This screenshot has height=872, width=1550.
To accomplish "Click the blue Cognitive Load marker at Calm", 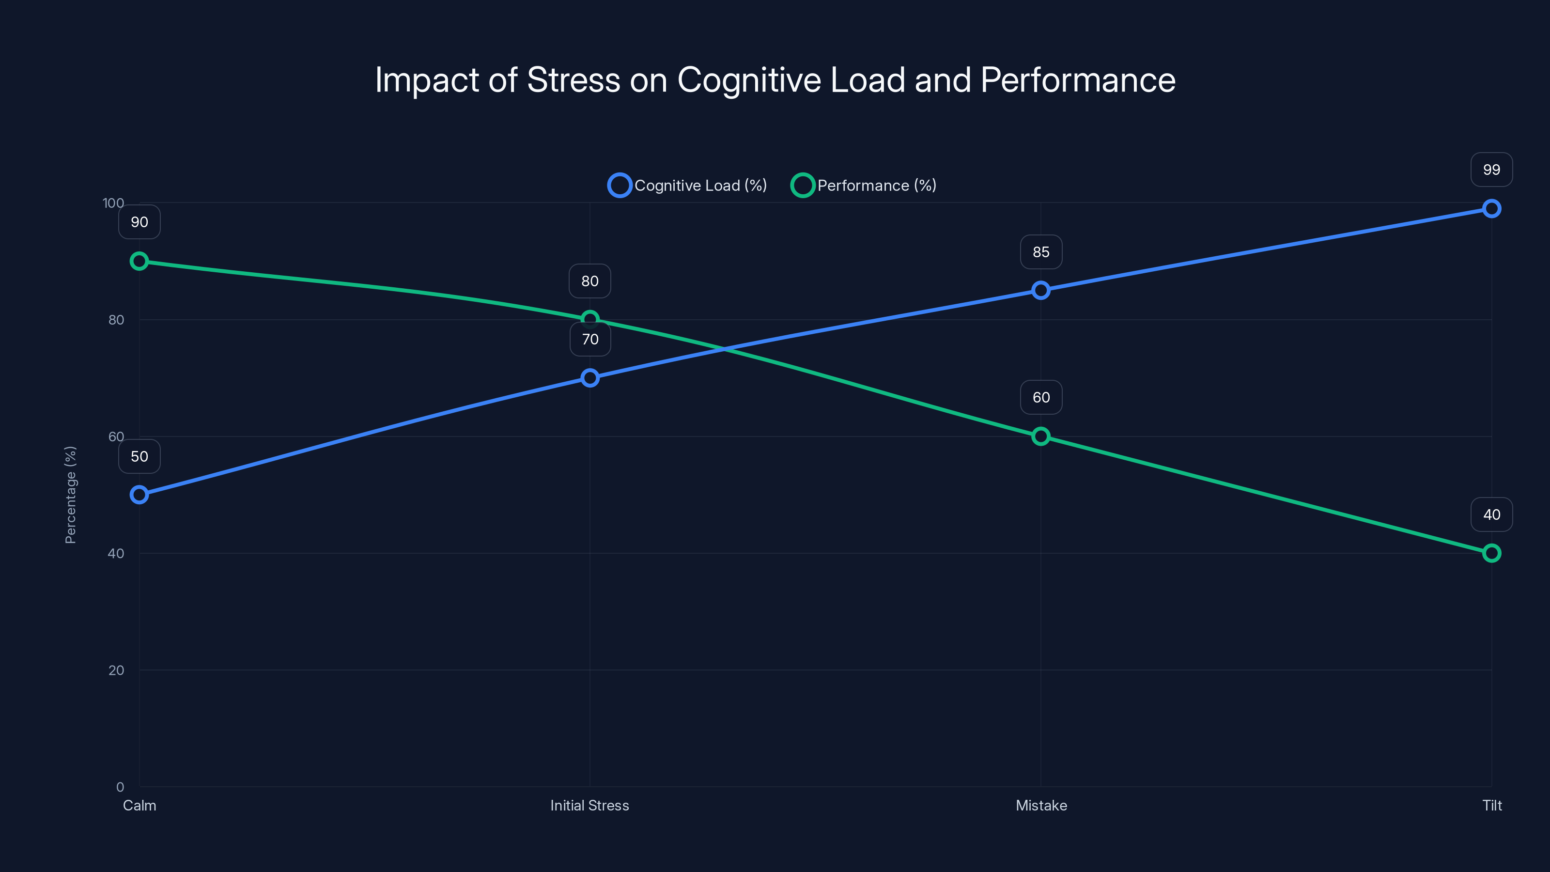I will point(139,495).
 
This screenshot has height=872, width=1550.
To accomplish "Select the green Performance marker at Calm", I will point(139,261).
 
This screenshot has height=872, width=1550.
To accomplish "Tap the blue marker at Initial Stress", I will point(589,378).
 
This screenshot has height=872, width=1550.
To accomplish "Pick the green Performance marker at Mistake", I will point(1041,436).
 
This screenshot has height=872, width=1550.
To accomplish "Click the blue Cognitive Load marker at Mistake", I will point(1041,291).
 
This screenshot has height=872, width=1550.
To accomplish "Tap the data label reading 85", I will point(1041,252).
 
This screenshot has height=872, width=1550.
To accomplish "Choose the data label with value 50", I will point(139,457).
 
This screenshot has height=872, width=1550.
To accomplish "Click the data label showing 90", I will point(139,222).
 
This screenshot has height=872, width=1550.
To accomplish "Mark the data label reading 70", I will point(589,340).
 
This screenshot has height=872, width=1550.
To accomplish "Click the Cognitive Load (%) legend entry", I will point(688,186).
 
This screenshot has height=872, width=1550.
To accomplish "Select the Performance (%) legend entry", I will point(864,186).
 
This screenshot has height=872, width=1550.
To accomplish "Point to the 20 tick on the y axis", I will point(116,670).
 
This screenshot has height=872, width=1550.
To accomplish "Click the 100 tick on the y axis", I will point(113,203).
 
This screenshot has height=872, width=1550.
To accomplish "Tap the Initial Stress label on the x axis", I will point(589,806).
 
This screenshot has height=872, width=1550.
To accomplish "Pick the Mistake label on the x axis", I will point(1041,806).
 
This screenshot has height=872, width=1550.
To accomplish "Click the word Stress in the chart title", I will point(573,80).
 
